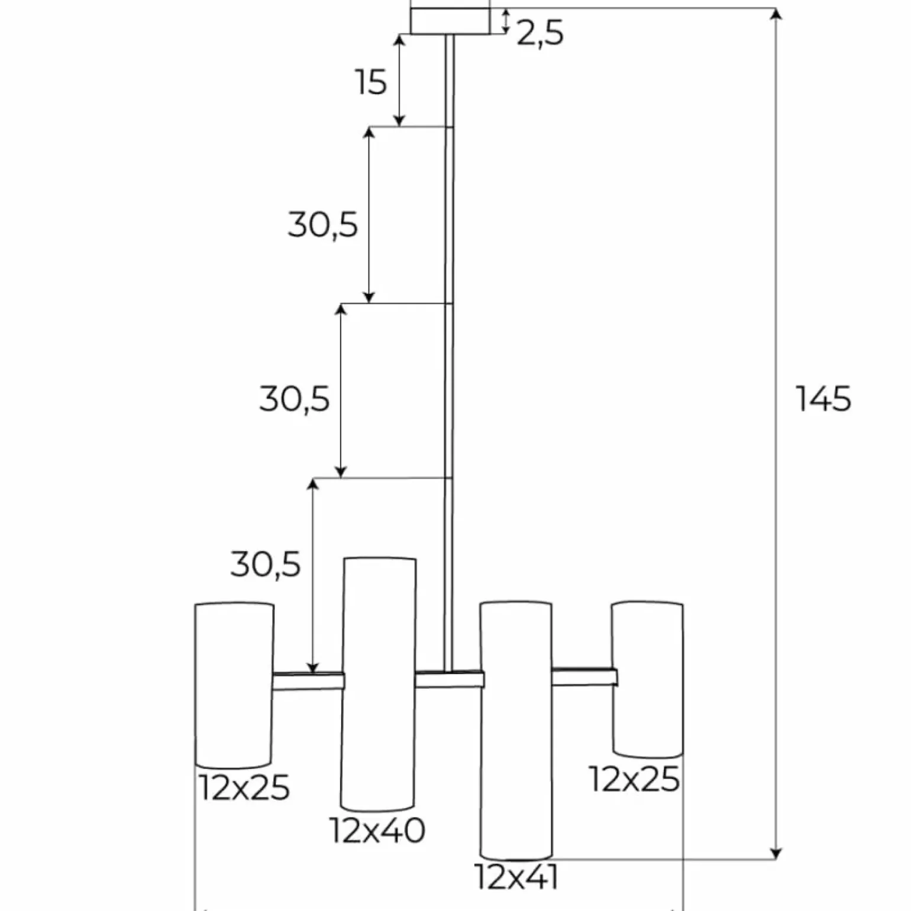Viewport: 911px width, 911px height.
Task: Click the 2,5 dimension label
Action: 540,33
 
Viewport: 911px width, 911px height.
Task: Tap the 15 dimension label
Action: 371,82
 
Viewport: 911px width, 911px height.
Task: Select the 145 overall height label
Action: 823,399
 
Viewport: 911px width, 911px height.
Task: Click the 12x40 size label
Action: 377,830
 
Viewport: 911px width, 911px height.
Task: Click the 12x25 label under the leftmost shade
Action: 244,787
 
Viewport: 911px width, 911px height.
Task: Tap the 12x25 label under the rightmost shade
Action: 634,779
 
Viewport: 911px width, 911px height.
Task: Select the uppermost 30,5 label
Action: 323,225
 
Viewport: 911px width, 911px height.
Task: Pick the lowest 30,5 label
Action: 266,564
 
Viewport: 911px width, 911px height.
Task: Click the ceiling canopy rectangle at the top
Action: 450,21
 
